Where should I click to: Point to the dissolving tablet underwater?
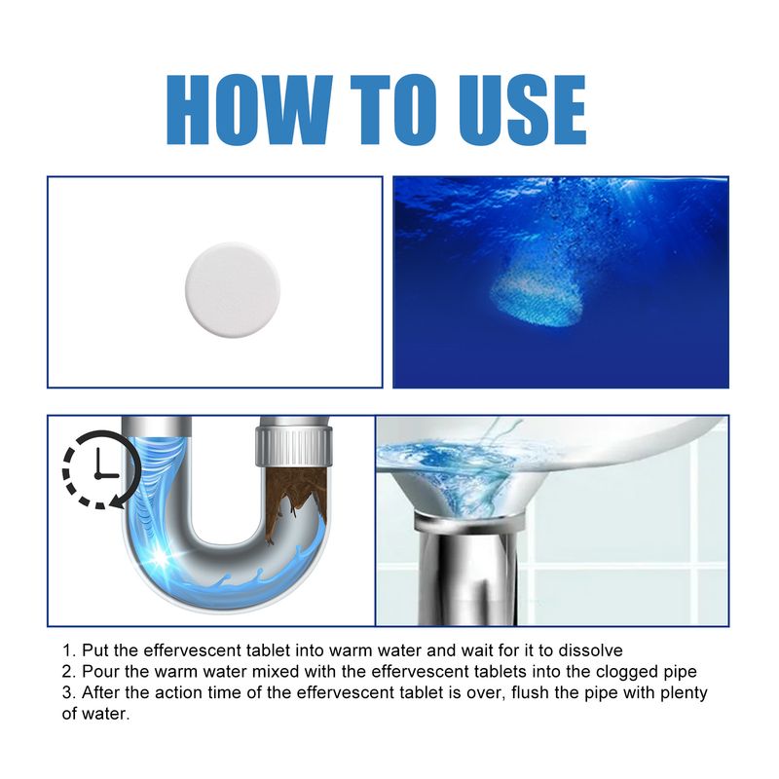tap(535, 297)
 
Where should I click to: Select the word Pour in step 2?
tap(99, 671)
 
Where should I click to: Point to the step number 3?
tap(67, 692)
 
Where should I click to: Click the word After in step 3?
tap(101, 692)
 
